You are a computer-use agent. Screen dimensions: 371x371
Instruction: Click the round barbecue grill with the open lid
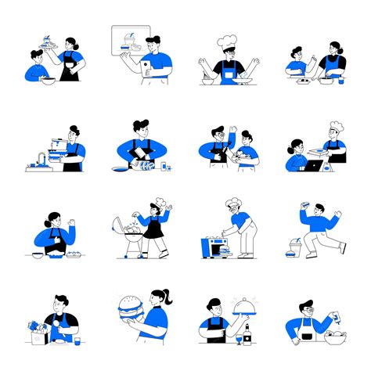tap(130, 233)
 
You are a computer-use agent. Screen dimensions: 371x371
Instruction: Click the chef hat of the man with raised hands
tap(228, 40)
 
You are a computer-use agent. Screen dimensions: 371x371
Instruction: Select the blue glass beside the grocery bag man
tap(77, 341)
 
